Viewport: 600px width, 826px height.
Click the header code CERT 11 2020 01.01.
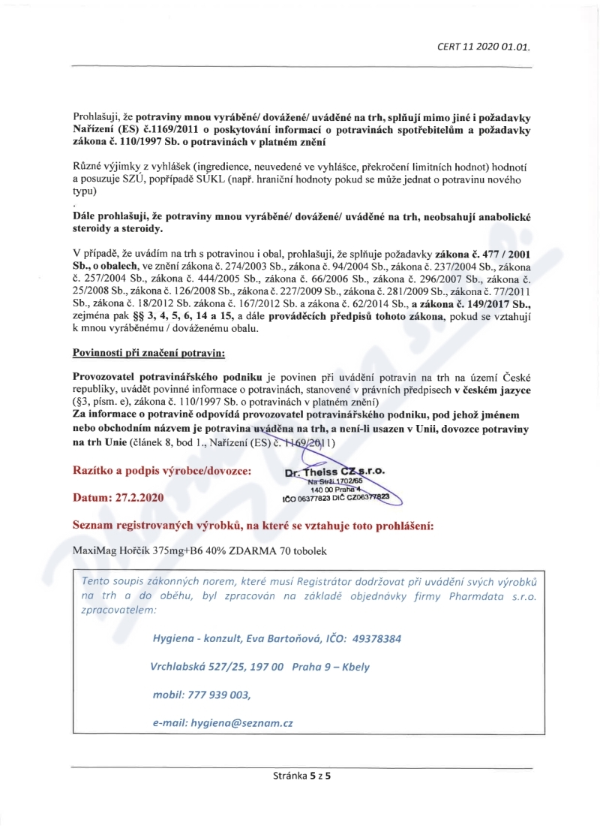tap(483, 46)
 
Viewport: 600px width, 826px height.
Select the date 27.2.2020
tap(142, 497)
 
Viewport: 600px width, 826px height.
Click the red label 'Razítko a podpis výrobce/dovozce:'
tap(161, 470)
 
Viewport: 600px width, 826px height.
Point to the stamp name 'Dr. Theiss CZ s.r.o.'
tap(334, 472)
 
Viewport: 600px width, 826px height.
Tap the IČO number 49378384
tap(372, 638)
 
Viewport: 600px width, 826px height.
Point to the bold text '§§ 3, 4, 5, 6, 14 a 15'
tap(183, 318)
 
